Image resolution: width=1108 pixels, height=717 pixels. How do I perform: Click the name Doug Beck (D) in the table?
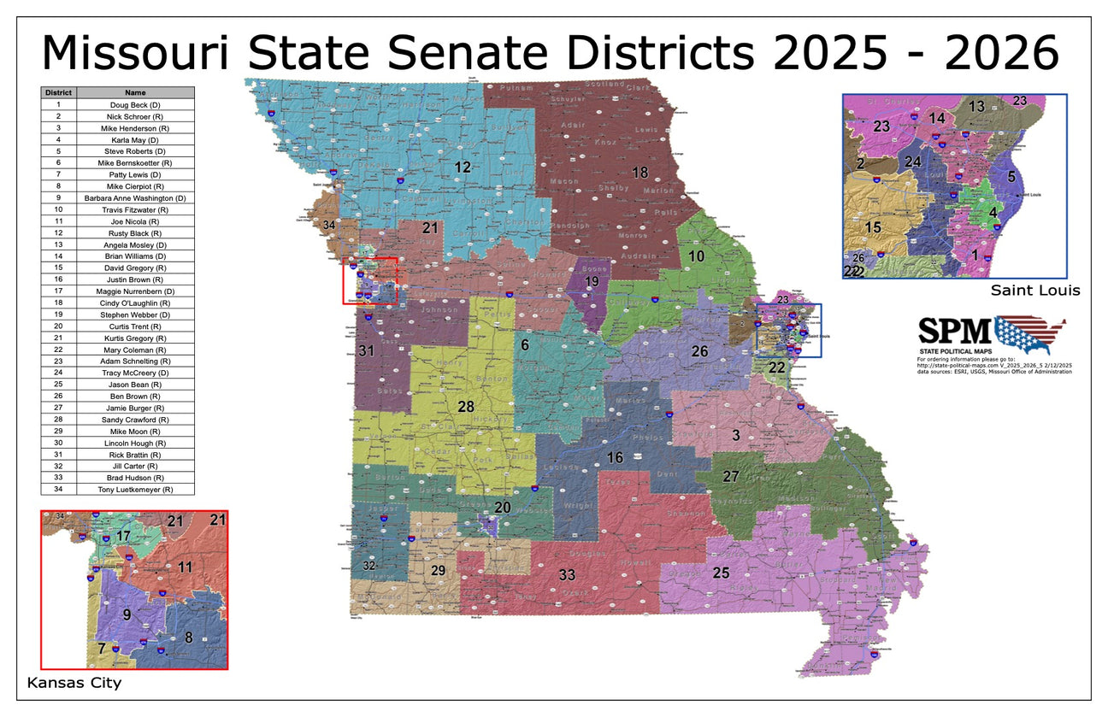click(x=135, y=104)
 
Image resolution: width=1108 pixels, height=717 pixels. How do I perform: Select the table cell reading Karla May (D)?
click(x=135, y=139)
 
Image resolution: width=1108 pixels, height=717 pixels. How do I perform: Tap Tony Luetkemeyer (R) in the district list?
click(x=135, y=490)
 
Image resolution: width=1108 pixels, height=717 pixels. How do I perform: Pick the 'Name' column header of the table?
click(x=135, y=92)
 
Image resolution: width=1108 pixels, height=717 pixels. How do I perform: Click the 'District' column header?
click(x=58, y=92)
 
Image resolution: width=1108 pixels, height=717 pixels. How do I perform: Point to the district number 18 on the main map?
click(x=639, y=173)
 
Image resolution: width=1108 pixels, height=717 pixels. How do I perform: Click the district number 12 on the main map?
click(x=463, y=167)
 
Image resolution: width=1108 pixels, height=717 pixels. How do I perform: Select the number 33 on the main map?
click(x=567, y=575)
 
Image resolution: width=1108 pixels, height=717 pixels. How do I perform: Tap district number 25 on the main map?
click(x=721, y=573)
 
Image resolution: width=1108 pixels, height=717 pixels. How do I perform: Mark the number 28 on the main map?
click(x=466, y=407)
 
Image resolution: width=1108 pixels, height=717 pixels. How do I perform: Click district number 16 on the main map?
click(x=615, y=458)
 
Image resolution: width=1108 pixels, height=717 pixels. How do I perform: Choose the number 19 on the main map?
click(x=592, y=281)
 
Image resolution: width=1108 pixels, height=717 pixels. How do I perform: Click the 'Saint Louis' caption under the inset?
click(x=1035, y=291)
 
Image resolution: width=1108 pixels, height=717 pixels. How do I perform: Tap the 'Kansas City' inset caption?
click(x=74, y=683)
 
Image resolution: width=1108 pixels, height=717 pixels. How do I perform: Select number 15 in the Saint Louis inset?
click(x=872, y=228)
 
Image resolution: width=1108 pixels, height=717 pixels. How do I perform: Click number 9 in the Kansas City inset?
click(x=127, y=614)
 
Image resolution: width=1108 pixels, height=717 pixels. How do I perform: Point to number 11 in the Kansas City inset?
click(x=185, y=567)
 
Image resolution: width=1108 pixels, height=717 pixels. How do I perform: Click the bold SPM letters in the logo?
click(x=954, y=331)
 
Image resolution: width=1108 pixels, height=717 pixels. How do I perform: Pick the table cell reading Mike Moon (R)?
click(x=135, y=432)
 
